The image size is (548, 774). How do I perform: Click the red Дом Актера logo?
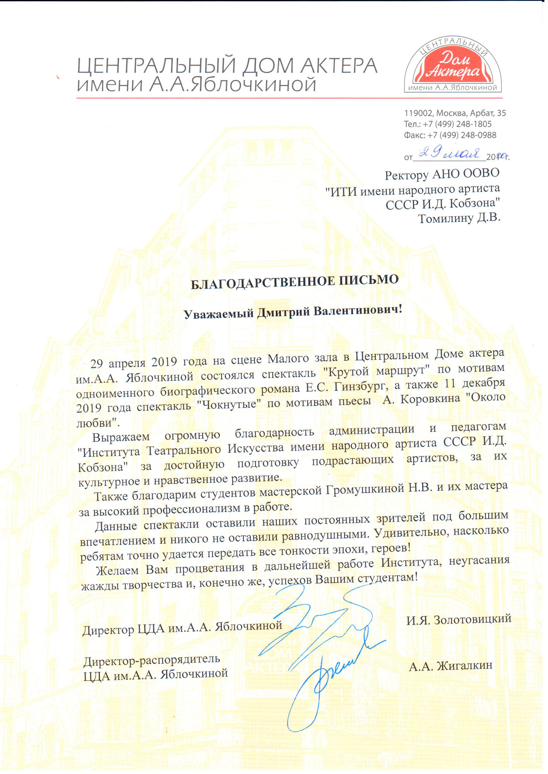tap(452, 66)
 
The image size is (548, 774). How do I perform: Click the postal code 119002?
tap(418, 113)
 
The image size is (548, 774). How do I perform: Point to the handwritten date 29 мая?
tap(449, 154)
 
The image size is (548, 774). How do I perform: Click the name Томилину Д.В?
tap(459, 218)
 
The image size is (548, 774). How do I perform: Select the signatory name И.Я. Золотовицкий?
tap(459, 620)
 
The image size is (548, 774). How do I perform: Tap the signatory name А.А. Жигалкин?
tap(450, 666)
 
